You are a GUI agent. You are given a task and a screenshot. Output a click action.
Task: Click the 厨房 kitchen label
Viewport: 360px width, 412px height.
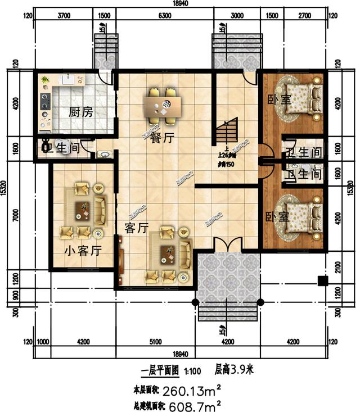click(80, 112)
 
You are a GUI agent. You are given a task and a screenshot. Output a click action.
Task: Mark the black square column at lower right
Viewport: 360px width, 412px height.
click(322, 282)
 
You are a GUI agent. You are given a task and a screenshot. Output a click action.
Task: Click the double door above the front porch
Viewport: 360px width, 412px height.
click(228, 245)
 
